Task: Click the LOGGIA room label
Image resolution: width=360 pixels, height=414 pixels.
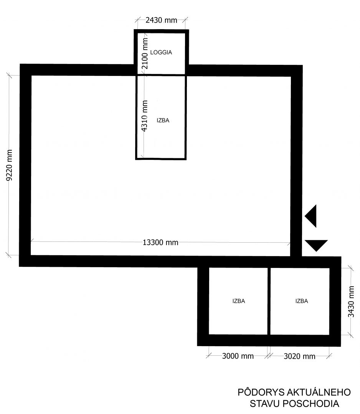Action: point(161,52)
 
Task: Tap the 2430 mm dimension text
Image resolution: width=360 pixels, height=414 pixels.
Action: point(161,20)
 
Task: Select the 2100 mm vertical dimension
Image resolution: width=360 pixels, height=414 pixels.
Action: point(145,53)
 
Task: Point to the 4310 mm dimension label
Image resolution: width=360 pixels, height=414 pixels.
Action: point(145,116)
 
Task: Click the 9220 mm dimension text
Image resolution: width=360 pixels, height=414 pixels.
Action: point(9,165)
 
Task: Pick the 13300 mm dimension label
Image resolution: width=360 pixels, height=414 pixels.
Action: point(160,242)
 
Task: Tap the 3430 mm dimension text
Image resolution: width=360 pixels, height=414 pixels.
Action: point(351,302)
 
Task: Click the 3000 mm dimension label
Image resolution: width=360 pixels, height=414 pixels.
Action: point(238,356)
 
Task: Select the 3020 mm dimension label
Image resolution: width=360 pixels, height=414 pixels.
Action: point(299,356)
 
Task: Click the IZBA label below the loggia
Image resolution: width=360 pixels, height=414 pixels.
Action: point(163,120)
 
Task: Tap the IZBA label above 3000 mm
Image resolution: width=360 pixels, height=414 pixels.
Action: point(239,301)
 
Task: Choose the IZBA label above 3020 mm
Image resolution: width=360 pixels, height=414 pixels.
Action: point(302,301)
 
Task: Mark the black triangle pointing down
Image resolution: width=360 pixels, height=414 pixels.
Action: point(316,245)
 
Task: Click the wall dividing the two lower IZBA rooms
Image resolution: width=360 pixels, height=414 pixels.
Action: point(269,301)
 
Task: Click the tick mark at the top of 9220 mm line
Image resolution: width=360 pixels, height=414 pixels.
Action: point(9,75)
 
